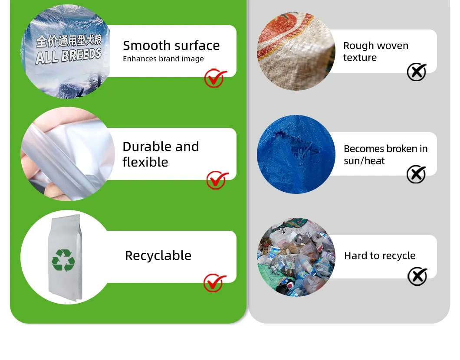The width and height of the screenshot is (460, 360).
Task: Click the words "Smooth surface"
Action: pos(171,46)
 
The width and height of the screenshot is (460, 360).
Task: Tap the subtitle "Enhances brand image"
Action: pos(164,59)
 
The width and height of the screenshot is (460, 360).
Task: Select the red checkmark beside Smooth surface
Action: pos(215,78)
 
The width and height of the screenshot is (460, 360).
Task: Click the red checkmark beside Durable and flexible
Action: pos(217,180)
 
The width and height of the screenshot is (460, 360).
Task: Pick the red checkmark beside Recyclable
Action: pos(215,283)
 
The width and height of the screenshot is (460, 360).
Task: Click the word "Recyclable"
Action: pos(158,255)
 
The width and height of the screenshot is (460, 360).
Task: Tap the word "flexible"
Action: pos(145,162)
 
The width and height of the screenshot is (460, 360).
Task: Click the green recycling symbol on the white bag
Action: pos(63,260)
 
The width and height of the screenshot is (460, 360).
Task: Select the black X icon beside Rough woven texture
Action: pos(417,72)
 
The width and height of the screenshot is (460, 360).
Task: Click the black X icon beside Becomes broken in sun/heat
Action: pos(416,174)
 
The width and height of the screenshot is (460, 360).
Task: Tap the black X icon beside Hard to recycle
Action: pos(417,276)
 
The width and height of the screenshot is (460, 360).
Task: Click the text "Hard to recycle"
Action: pos(380,255)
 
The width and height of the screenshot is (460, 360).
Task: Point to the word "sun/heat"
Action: pos(364,160)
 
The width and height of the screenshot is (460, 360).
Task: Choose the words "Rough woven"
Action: pos(376,46)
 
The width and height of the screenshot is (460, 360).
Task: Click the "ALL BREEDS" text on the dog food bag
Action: pos(69,56)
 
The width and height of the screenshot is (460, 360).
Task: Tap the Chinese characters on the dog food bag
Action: pos(69,41)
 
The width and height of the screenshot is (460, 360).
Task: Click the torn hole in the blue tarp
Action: pos(296,147)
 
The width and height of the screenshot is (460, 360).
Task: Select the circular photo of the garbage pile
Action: pos(296,257)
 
